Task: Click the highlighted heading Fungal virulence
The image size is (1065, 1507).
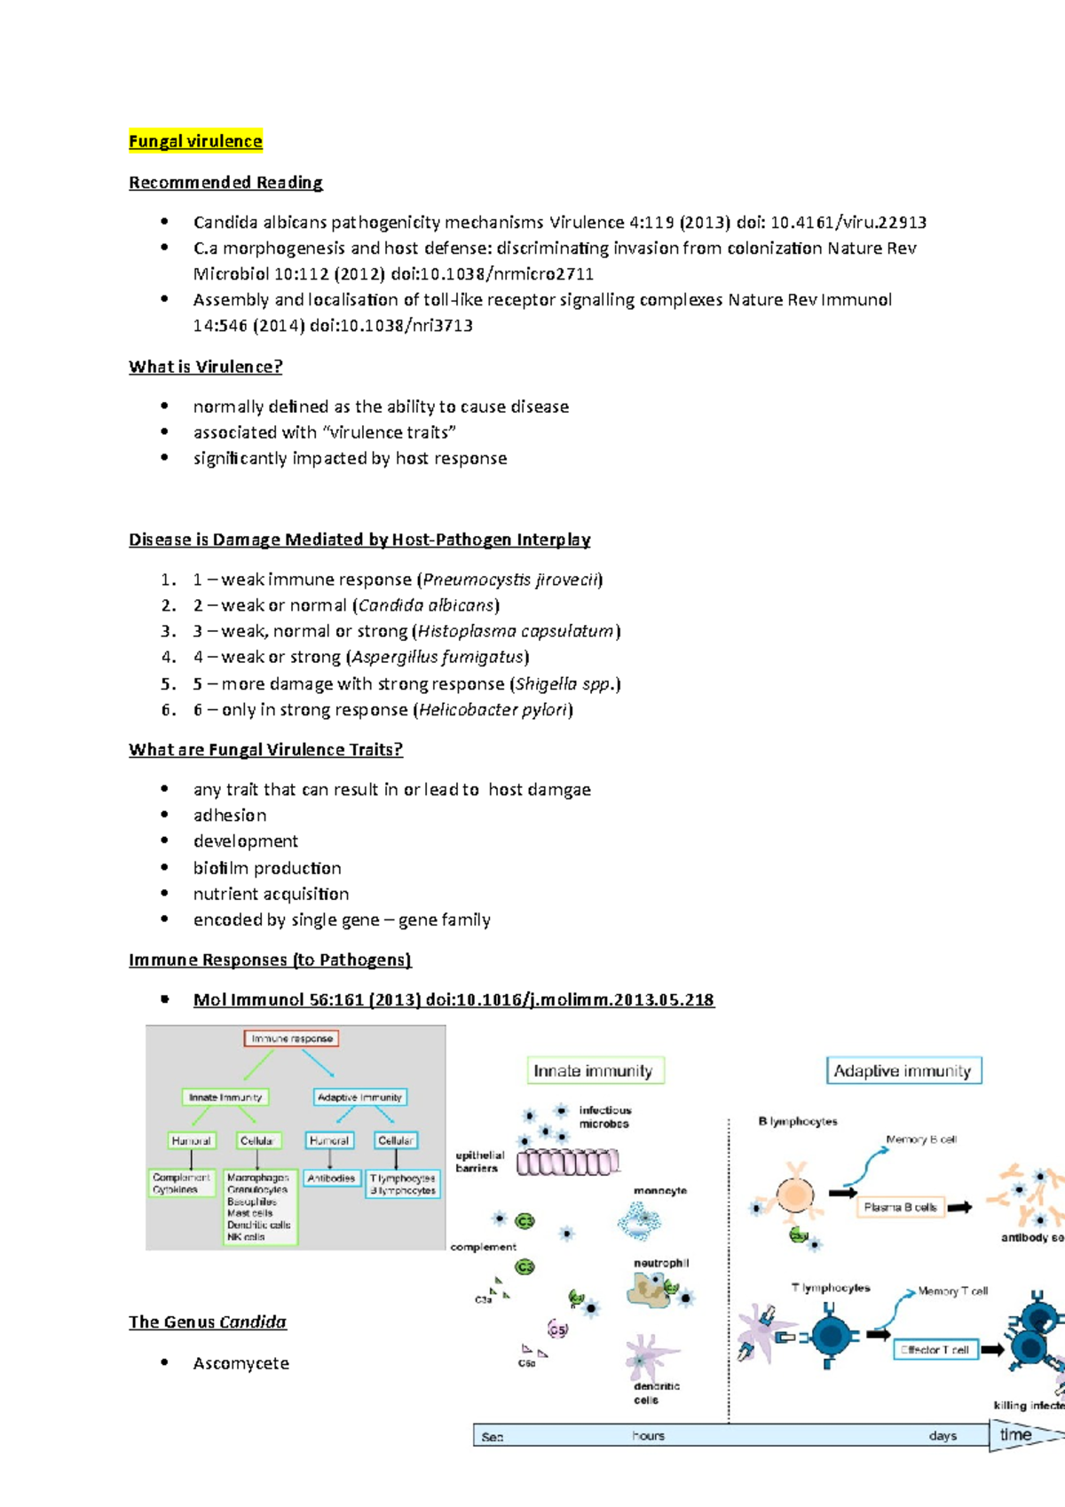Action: [x=195, y=141]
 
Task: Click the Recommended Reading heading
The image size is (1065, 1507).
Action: [x=225, y=182]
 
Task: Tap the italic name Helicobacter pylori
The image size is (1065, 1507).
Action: [x=493, y=710]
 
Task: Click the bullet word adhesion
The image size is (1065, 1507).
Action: [x=230, y=815]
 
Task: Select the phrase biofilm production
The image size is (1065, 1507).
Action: [x=267, y=868]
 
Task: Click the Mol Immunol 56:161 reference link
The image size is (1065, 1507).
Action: [x=454, y=999]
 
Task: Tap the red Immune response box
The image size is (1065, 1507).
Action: [x=291, y=1038]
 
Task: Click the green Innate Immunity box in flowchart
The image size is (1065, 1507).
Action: [x=225, y=1097]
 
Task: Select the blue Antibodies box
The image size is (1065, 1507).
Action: [x=331, y=1179]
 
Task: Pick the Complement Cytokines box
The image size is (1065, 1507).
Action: [x=181, y=1183]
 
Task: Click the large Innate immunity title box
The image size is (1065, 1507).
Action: [x=594, y=1070]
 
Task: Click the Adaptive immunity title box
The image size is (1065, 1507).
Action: [x=903, y=1070]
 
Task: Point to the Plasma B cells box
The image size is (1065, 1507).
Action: [x=900, y=1207]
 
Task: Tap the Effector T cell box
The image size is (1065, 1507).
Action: [x=935, y=1350]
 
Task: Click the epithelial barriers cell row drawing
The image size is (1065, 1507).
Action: [x=568, y=1162]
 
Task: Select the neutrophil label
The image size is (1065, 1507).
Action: [x=661, y=1263]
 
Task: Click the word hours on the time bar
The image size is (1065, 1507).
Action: [x=648, y=1436]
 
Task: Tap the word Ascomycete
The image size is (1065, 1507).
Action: [x=241, y=1363]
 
